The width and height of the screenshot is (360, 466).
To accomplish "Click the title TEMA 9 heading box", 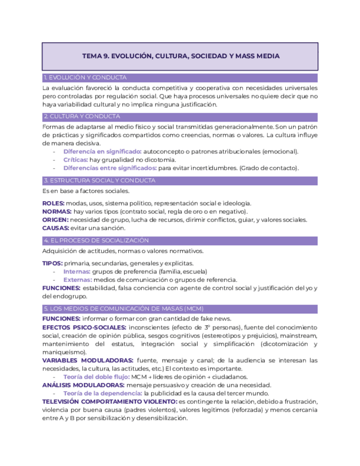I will coord(180,56).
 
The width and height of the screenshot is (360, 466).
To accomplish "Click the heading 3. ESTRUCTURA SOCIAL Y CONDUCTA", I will coord(99,181).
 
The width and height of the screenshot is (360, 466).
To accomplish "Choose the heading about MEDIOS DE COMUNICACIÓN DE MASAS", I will coord(115,309).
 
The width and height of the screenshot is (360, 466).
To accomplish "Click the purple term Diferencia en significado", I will coord(102,151).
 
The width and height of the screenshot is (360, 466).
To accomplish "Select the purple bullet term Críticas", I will coord(75,159).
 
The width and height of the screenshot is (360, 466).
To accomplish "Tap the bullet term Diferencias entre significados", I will coord(109,168).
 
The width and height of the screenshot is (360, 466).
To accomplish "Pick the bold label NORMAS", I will coord(57,212).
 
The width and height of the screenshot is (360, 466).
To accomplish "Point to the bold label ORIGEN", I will coord(55,220).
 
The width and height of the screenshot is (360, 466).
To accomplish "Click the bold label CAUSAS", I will coord(56,228).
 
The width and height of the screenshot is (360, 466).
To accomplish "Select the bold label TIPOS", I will coord(52,263).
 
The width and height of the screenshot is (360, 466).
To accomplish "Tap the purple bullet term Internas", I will coord(76,271).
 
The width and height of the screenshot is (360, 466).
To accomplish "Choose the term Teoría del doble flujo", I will coord(96,377).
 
